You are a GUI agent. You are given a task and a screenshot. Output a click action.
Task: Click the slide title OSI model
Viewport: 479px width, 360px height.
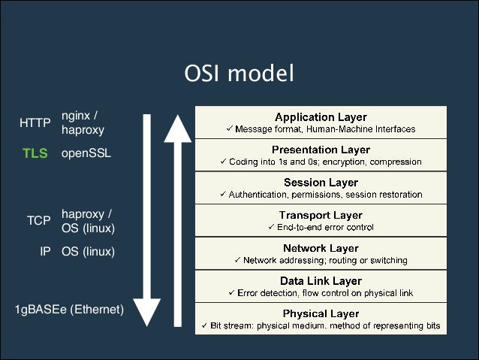click(x=239, y=74)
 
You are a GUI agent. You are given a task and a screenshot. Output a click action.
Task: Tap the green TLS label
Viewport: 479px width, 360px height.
click(x=35, y=153)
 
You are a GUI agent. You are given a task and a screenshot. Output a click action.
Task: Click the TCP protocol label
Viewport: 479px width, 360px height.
click(x=38, y=221)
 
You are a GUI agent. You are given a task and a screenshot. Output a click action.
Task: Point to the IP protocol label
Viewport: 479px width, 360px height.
click(x=45, y=252)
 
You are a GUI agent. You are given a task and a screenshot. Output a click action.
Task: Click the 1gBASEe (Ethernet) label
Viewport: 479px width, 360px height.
click(x=69, y=308)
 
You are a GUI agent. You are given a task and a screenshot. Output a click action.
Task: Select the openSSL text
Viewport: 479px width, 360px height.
click(x=86, y=153)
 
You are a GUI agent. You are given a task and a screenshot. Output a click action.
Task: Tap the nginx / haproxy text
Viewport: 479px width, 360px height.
click(x=82, y=123)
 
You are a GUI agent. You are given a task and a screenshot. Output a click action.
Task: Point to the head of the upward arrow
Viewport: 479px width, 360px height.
click(x=178, y=127)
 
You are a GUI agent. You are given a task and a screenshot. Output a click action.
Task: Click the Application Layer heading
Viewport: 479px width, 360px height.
click(x=321, y=117)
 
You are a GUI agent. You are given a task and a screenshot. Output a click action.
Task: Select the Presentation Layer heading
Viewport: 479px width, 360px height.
click(x=321, y=150)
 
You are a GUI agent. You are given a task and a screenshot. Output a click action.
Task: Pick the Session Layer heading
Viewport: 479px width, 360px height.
click(x=321, y=183)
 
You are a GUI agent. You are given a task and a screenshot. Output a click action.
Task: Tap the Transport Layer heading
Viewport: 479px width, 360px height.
click(x=321, y=215)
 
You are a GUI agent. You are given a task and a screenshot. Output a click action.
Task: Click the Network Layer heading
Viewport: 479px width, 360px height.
click(x=321, y=248)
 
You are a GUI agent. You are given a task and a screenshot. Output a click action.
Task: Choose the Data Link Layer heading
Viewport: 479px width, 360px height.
click(x=321, y=280)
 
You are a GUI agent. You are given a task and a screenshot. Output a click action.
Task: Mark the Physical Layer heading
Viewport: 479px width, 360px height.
click(x=321, y=313)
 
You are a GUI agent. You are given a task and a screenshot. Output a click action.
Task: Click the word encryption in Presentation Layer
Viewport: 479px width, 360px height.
click(x=343, y=162)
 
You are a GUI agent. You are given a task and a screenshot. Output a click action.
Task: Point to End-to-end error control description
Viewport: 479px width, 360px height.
click(x=321, y=227)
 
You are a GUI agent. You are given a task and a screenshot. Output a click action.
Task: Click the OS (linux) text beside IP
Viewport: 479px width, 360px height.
click(x=88, y=252)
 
